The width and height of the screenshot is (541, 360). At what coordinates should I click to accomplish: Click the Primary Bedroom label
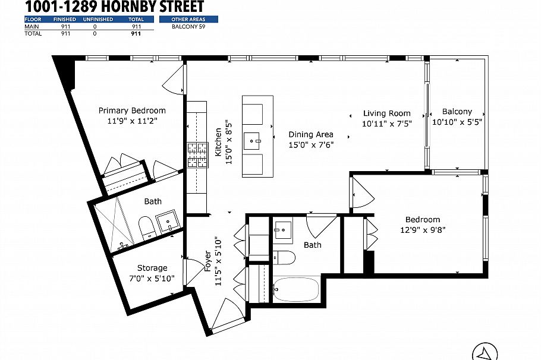pyautogui.click(x=132, y=110)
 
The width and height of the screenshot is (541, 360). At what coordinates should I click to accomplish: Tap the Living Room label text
pyautogui.click(x=386, y=113)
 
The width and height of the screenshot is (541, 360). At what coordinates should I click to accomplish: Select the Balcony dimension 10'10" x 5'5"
pyautogui.click(x=457, y=122)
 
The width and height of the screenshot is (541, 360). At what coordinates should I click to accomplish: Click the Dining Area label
pyautogui.click(x=311, y=135)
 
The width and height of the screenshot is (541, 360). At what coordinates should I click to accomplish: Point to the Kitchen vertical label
pyautogui.click(x=218, y=142)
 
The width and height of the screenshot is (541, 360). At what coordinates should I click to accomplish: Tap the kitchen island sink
pyautogui.click(x=257, y=141)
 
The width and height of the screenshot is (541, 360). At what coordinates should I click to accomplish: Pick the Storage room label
pyautogui.click(x=152, y=268)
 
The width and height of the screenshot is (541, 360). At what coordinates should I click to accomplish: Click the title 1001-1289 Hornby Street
pyautogui.click(x=114, y=7)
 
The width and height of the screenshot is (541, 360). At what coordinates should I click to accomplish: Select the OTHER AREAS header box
pyautogui.click(x=188, y=20)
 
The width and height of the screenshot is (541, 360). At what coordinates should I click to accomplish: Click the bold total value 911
pyautogui.click(x=136, y=34)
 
